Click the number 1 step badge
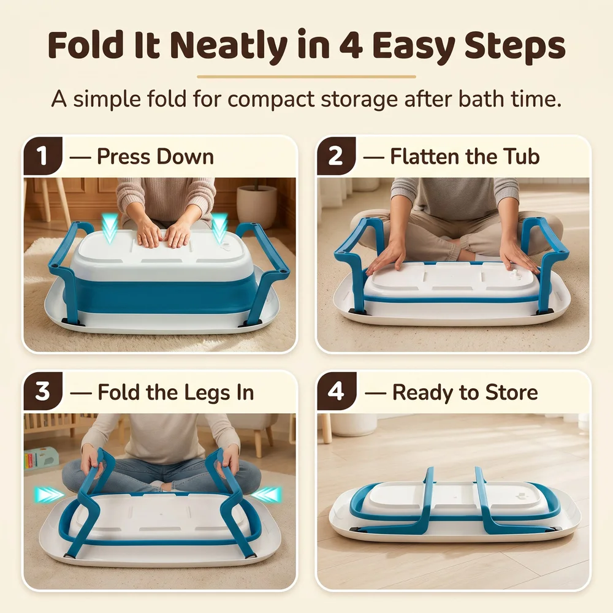tap(42, 156)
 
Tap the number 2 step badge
tap(335, 156)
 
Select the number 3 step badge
tap(42, 391)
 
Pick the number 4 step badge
tap(336, 391)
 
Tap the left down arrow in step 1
tap(110, 228)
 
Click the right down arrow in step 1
tap(220, 228)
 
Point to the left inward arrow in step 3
tap(49, 495)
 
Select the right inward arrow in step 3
tap(266, 495)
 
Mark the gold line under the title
tap(306, 77)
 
